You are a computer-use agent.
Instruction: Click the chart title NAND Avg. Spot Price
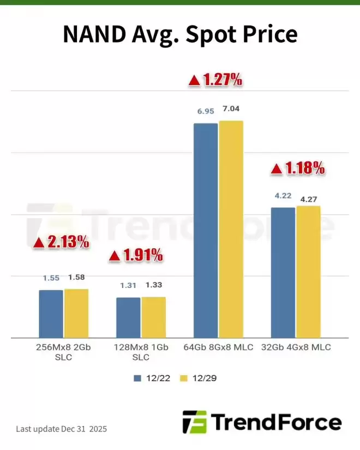[x=180, y=34]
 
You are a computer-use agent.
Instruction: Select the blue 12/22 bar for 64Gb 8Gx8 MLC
[x=206, y=229]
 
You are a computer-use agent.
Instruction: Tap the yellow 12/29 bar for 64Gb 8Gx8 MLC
[x=231, y=229]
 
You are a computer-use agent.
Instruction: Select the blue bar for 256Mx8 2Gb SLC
[x=51, y=313]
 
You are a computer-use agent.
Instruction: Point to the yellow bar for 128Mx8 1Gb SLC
[x=153, y=317]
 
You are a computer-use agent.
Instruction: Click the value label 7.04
[x=231, y=109]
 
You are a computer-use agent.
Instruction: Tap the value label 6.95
[x=206, y=111]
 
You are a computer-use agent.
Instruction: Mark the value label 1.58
[x=77, y=278]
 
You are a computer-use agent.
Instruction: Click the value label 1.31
[x=128, y=285]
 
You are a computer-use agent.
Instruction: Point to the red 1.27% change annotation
[x=215, y=80]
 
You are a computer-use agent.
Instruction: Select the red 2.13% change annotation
[x=62, y=243]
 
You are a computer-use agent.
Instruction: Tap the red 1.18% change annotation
[x=298, y=169]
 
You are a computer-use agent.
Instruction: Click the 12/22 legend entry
[x=147, y=377]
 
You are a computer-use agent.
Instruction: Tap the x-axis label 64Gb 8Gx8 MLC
[x=218, y=347]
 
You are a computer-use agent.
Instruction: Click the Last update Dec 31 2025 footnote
[x=61, y=429]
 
